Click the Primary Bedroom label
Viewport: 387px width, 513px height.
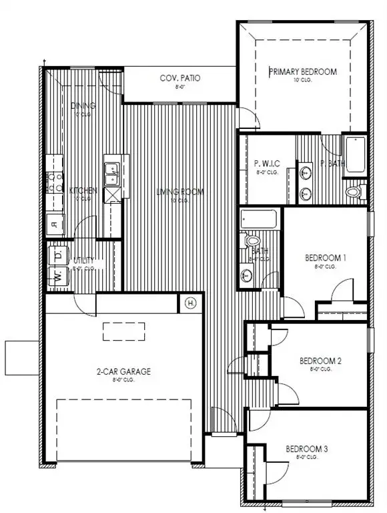pyautogui.click(x=302, y=71)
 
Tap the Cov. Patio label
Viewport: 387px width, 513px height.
pyautogui.click(x=179, y=78)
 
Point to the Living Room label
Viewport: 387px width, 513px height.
pyautogui.click(x=179, y=192)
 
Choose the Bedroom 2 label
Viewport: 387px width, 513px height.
pyautogui.click(x=320, y=361)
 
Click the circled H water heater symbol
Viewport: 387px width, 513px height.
pyautogui.click(x=190, y=304)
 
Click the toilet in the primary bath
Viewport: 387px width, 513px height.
pyautogui.click(x=354, y=192)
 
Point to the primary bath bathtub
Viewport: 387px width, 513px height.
pyautogui.click(x=354, y=156)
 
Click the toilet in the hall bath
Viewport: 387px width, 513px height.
pyautogui.click(x=252, y=240)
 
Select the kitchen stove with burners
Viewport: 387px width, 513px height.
pyautogui.click(x=53, y=182)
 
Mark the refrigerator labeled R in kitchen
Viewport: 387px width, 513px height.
pyautogui.click(x=53, y=224)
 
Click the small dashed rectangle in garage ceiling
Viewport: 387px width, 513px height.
pyautogui.click(x=123, y=330)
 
